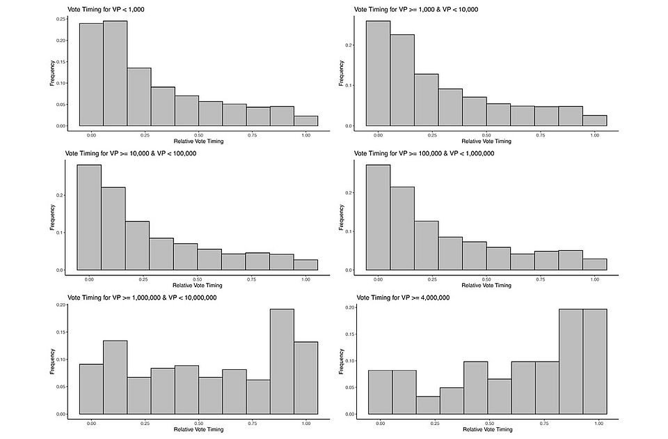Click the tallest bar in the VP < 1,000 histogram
pyautogui.click(x=115, y=73)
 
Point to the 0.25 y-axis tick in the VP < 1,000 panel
pyautogui.click(x=62, y=19)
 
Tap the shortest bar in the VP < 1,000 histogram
pyautogui.click(x=305, y=121)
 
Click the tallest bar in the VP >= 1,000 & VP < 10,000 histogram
pyautogui.click(x=378, y=73)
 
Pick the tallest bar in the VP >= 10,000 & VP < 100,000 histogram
pyautogui.click(x=89, y=217)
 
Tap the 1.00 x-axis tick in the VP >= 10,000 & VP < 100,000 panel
pyautogui.click(x=305, y=279)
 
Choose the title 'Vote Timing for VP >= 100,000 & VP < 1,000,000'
pyautogui.click(x=424, y=153)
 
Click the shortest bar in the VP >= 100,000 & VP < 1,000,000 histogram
pyautogui.click(x=594, y=264)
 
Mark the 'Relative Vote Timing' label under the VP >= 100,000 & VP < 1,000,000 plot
pyautogui.click(x=486, y=285)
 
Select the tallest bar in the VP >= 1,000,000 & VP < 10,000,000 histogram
pyautogui.click(x=282, y=362)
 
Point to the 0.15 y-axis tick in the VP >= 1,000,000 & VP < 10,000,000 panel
pyautogui.click(x=62, y=332)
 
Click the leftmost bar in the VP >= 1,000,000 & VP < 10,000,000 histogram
pyautogui.click(x=91, y=389)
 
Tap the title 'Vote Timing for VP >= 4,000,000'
pyautogui.click(x=402, y=298)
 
